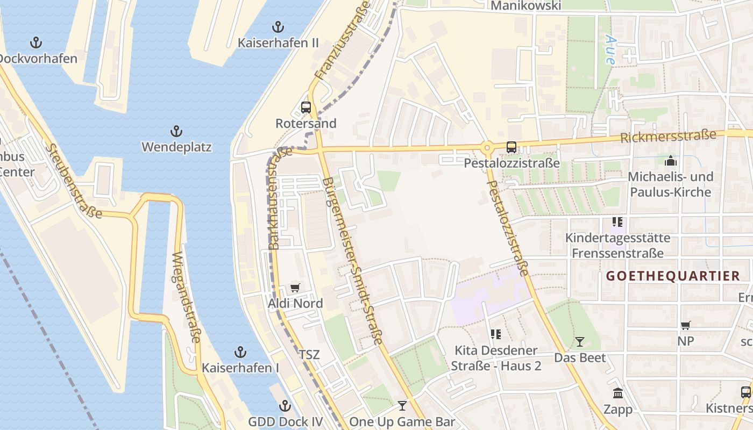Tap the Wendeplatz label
(176, 147)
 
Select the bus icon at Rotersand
(306, 107)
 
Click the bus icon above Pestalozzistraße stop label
(511, 147)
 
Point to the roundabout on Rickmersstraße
(487, 147)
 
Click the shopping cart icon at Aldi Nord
(295, 288)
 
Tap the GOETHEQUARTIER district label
(673, 276)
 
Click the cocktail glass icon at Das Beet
(580, 341)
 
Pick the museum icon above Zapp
(617, 393)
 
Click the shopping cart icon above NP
(685, 325)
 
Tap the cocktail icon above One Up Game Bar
(402, 405)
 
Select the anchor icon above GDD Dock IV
(285, 405)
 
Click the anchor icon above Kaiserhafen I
(240, 352)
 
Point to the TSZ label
(309, 355)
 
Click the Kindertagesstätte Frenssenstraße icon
(617, 221)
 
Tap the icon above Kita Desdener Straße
(495, 334)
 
